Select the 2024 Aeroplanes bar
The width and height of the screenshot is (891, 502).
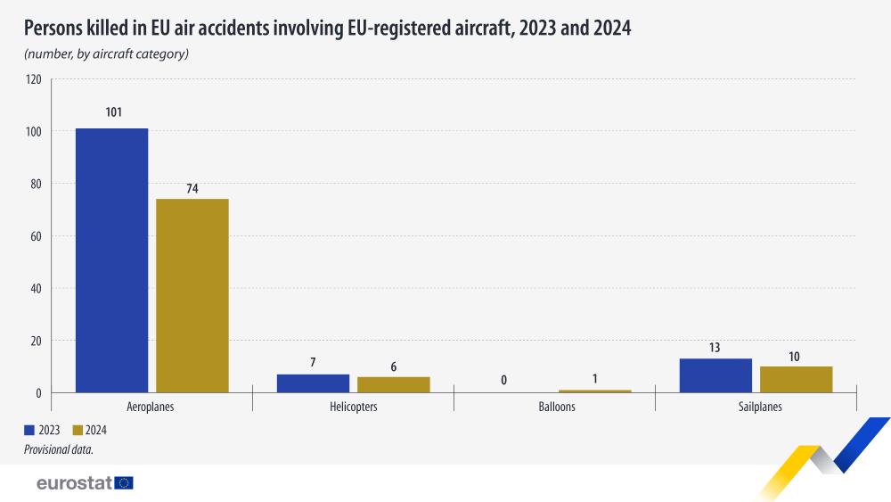pyautogui.click(x=192, y=295)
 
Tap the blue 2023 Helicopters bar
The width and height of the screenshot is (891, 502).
pyautogui.click(x=313, y=383)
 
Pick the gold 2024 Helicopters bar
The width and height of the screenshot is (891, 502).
pyautogui.click(x=394, y=384)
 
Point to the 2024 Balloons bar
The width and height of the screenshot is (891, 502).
pyautogui.click(x=594, y=391)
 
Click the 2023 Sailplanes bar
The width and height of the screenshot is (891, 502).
pyautogui.click(x=715, y=375)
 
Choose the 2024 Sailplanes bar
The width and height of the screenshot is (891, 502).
pyautogui.click(x=796, y=379)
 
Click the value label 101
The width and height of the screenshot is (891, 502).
pyautogui.click(x=112, y=112)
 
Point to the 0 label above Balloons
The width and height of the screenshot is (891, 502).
pyautogui.click(x=504, y=380)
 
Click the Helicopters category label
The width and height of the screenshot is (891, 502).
pyautogui.click(x=353, y=407)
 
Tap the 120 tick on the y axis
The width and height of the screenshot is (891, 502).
pyautogui.click(x=34, y=79)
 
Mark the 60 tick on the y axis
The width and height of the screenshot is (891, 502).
pyautogui.click(x=37, y=236)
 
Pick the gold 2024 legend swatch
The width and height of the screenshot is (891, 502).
pyautogui.click(x=77, y=430)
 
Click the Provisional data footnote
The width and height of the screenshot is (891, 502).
pyautogui.click(x=59, y=450)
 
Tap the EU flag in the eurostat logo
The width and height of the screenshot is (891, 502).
pyautogui.click(x=124, y=483)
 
